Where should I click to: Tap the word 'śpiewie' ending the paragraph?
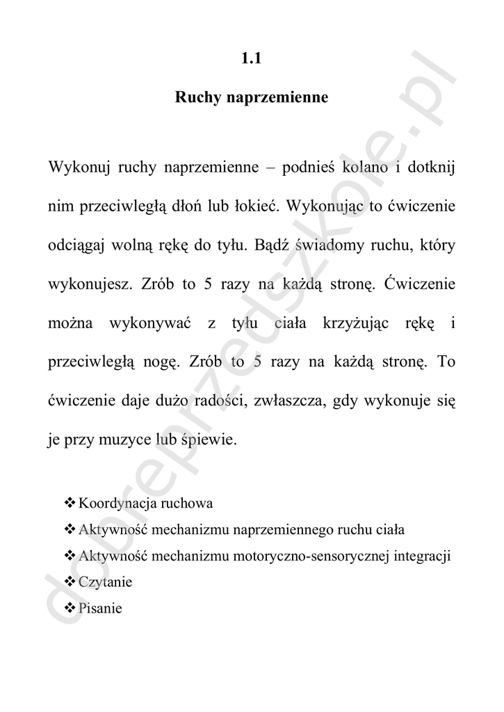point(211,441)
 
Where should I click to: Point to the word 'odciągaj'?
point(76,246)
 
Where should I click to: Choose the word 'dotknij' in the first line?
point(431,169)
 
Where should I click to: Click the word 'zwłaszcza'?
point(287,402)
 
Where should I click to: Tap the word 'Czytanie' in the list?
point(106,582)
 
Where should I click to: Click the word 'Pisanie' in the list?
point(101,608)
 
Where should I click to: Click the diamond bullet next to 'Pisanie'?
point(70,608)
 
